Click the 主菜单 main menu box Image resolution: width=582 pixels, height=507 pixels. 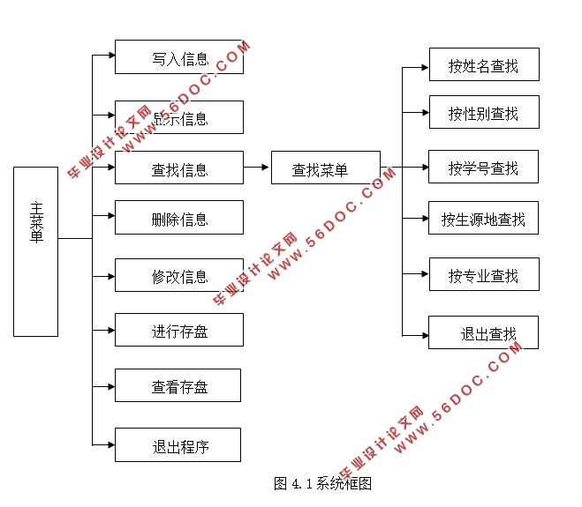click(35, 251)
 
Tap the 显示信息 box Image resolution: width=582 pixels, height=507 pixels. click(178, 117)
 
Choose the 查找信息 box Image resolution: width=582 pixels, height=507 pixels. click(178, 168)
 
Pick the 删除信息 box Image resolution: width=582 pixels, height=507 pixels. click(178, 217)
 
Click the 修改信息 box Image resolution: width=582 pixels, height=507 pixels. click(178, 275)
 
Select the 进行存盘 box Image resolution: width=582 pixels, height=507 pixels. click(178, 330)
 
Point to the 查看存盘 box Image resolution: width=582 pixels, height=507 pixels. click(178, 385)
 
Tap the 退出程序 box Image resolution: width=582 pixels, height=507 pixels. click(178, 444)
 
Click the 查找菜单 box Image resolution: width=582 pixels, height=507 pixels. click(325, 168)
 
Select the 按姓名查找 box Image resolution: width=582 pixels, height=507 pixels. click(483, 64)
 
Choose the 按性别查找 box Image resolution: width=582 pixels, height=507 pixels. click(483, 112)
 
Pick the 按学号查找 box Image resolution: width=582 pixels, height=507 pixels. click(483, 167)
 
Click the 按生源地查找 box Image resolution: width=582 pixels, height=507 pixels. click(483, 218)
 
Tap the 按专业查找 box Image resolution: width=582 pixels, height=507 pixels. click(483, 274)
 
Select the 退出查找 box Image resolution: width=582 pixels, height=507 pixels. click(483, 332)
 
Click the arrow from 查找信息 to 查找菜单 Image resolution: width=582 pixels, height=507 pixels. click(257, 167)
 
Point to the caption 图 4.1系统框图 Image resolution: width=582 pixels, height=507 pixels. click(322, 483)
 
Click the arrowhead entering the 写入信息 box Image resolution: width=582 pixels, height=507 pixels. click(110, 55)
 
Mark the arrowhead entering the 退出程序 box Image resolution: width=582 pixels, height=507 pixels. click(110, 443)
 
